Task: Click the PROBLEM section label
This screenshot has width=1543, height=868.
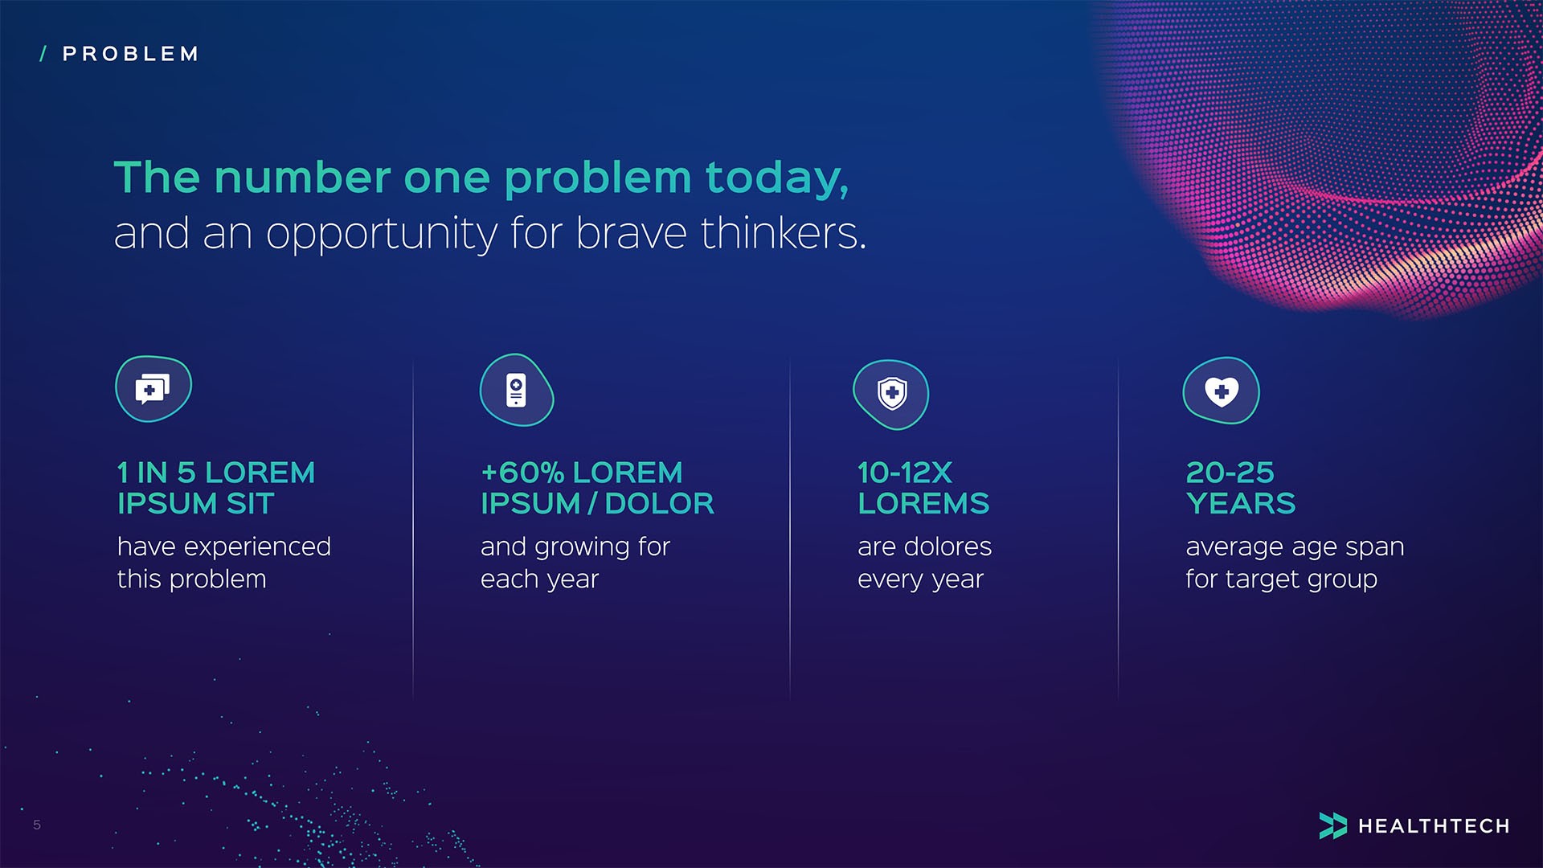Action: point(130,54)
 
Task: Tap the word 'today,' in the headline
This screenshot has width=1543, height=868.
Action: point(776,178)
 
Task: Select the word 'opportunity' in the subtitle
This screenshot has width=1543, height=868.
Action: point(382,234)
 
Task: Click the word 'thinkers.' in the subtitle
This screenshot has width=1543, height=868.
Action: point(784,233)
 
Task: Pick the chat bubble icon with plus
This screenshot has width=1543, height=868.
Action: point(153,389)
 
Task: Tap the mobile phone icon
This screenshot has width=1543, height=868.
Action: point(516,390)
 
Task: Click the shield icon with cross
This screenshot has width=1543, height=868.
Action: point(891,394)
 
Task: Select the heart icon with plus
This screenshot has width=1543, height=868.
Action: point(1221,391)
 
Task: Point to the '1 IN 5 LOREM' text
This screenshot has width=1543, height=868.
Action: point(215,473)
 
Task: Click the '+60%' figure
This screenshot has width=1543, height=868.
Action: point(522,473)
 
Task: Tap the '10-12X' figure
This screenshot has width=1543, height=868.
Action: point(904,473)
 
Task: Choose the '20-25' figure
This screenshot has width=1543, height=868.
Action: point(1230,473)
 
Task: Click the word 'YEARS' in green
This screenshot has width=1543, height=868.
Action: point(1240,504)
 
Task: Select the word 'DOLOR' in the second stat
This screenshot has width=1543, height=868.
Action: point(659,504)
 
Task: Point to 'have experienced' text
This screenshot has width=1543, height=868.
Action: point(223,547)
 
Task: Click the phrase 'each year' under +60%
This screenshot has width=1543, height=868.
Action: point(539,579)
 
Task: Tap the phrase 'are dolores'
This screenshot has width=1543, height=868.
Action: point(924,547)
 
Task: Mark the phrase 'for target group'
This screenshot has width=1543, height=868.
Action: point(1281,579)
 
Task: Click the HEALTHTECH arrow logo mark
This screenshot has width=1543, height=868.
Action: point(1332,825)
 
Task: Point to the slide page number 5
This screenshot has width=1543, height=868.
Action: point(37,825)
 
